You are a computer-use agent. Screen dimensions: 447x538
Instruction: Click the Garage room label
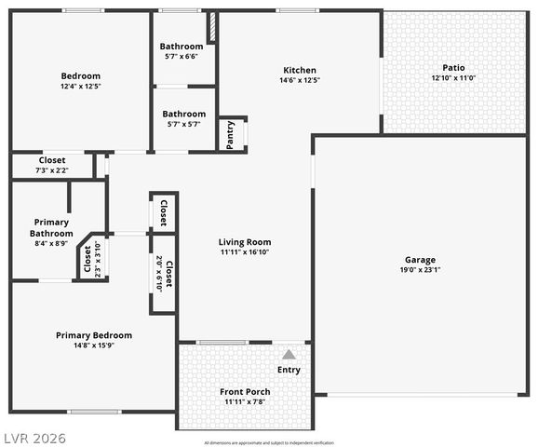pyautogui.click(x=420, y=260)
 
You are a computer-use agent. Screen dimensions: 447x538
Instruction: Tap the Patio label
pyautogui.click(x=453, y=67)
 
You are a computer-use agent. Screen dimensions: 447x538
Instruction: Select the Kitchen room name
pyautogui.click(x=300, y=70)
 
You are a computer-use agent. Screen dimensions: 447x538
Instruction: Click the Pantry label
pyautogui.click(x=231, y=133)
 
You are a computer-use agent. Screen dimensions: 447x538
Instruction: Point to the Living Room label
pyautogui.click(x=245, y=242)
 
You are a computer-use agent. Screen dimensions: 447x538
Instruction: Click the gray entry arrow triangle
pyautogui.click(x=289, y=355)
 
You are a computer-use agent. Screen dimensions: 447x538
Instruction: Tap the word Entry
pyautogui.click(x=289, y=371)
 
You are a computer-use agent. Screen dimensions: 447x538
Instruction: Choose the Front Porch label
pyautogui.click(x=245, y=391)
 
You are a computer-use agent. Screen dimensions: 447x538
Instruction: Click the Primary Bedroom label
pyautogui.click(x=94, y=335)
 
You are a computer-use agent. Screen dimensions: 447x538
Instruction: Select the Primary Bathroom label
pyautogui.click(x=50, y=227)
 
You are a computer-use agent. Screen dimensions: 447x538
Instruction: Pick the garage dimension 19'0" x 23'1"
pyautogui.click(x=420, y=270)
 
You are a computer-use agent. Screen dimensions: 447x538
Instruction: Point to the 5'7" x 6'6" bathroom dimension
pyautogui.click(x=182, y=56)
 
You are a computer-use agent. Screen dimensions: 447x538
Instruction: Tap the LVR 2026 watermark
pyautogui.click(x=34, y=438)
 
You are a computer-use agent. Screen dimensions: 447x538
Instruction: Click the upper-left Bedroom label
pyautogui.click(x=80, y=76)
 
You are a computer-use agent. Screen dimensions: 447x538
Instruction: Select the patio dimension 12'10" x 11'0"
pyautogui.click(x=453, y=78)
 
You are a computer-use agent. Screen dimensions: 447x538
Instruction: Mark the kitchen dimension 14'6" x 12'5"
pyautogui.click(x=300, y=80)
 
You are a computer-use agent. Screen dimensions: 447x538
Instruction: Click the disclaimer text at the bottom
pyautogui.click(x=268, y=442)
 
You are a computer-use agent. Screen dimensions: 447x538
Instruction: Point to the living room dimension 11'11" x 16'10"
pyautogui.click(x=245, y=252)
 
